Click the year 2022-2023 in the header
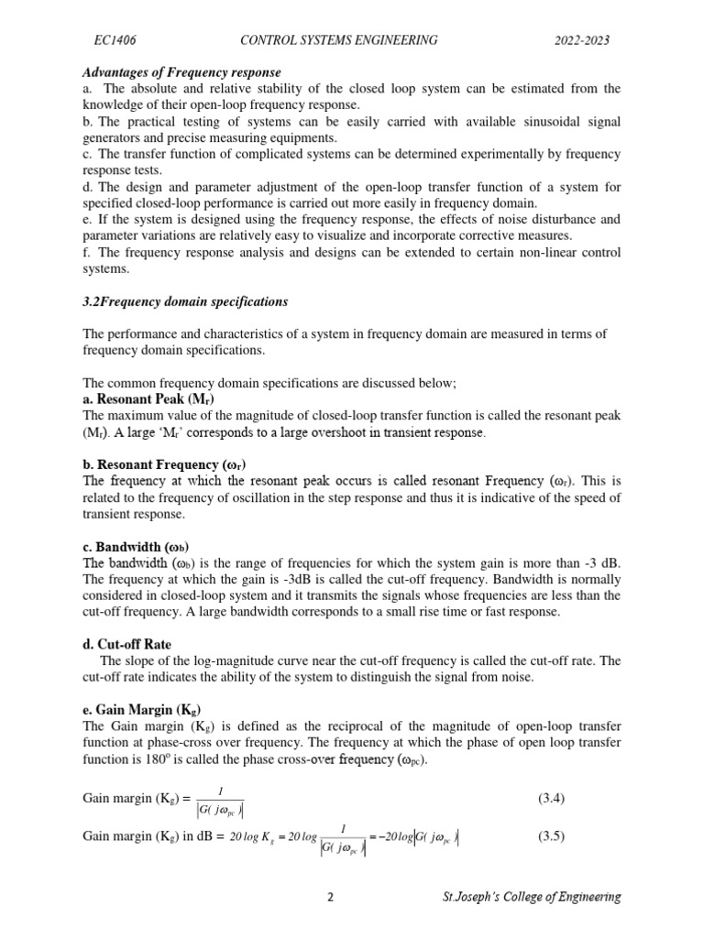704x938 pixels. click(x=582, y=40)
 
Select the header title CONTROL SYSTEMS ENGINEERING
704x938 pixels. click(x=338, y=40)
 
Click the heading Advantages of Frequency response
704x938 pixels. click(x=181, y=72)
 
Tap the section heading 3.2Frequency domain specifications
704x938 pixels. click(x=185, y=301)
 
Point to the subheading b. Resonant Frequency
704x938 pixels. click(x=165, y=464)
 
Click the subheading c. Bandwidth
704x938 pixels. click(x=136, y=547)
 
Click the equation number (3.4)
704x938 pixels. click(x=551, y=798)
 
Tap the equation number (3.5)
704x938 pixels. click(x=551, y=836)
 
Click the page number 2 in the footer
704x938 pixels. click(x=330, y=898)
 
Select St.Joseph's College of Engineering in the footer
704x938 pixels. click(x=529, y=898)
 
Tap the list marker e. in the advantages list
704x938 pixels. click(x=88, y=220)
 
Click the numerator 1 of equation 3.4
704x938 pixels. click(x=220, y=789)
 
